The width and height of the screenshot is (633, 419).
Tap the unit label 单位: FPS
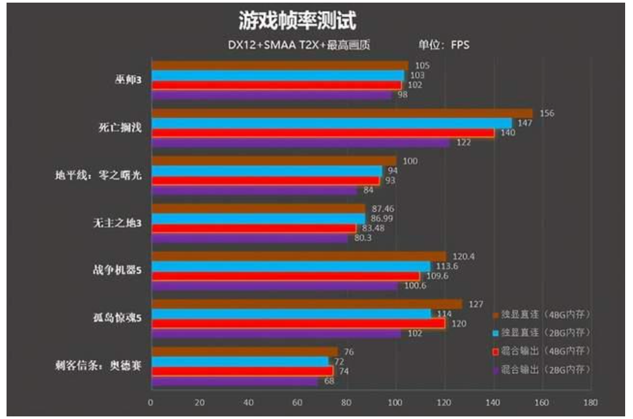click(x=444, y=45)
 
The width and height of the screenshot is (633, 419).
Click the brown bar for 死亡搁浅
click(x=340, y=113)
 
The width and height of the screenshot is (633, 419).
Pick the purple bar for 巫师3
click(x=271, y=95)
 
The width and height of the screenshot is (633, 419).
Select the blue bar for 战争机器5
click(x=291, y=266)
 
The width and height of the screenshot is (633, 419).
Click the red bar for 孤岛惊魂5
click(x=298, y=323)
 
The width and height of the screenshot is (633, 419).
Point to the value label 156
click(x=547, y=113)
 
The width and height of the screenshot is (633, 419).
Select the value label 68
click(x=329, y=380)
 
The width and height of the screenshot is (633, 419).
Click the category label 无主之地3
click(x=117, y=223)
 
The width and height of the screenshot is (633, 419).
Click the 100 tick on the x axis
click(x=395, y=403)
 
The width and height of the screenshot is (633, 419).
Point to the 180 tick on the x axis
click(x=590, y=403)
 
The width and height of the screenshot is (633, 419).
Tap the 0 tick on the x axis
click(x=151, y=403)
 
